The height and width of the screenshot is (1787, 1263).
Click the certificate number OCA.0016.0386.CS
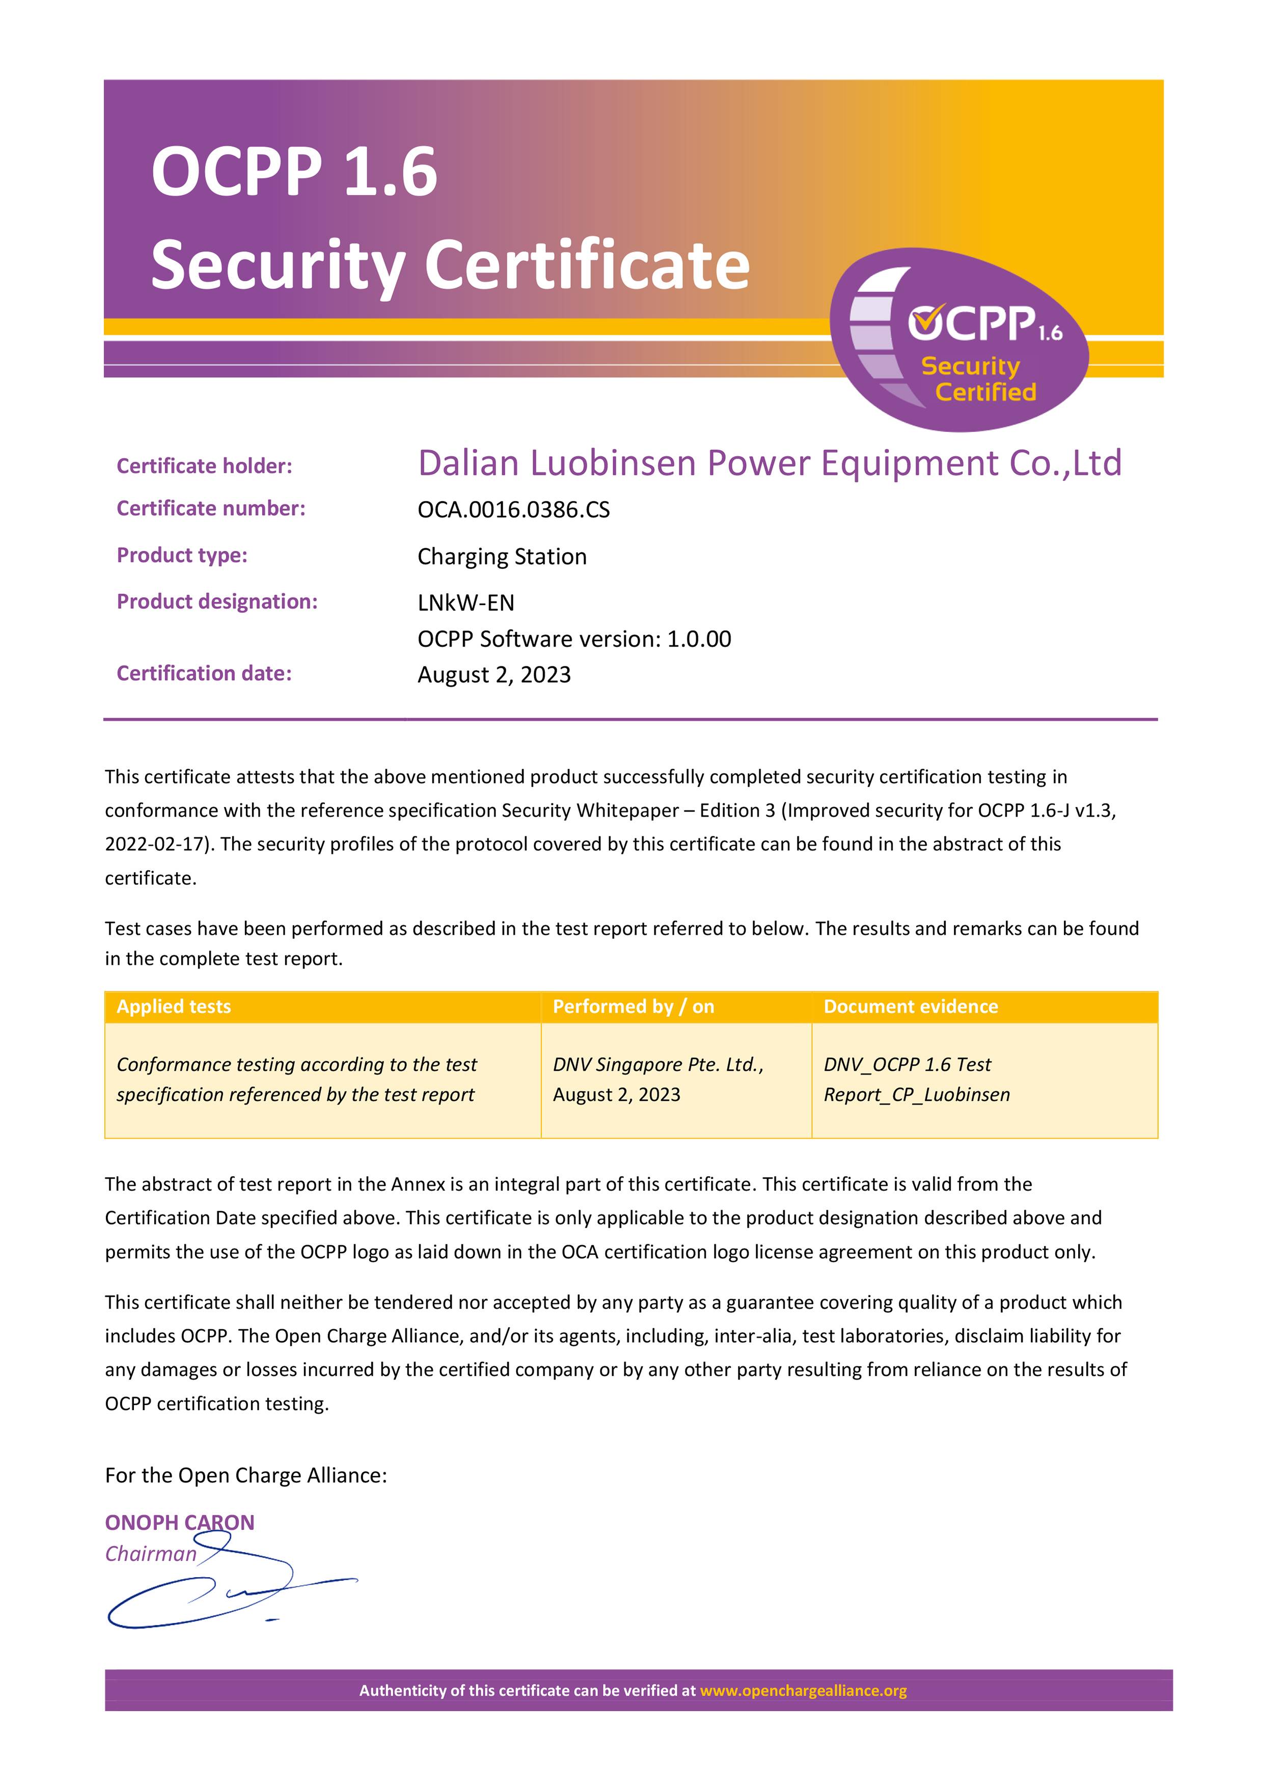(x=514, y=510)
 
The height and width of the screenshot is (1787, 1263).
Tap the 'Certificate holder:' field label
(x=204, y=466)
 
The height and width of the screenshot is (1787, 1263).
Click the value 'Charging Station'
(x=502, y=556)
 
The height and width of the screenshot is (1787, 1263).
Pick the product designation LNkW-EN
(x=465, y=603)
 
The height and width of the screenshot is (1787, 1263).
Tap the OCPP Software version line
(x=573, y=639)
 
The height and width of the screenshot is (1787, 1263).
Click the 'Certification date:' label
(x=204, y=673)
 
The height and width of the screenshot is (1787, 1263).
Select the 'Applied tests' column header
(x=174, y=1007)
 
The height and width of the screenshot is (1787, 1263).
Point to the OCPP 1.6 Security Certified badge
(x=959, y=340)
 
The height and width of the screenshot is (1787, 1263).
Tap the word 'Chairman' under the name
(x=151, y=1554)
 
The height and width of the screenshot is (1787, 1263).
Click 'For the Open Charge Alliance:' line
(x=246, y=1476)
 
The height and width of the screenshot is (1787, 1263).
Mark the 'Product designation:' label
(x=217, y=602)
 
